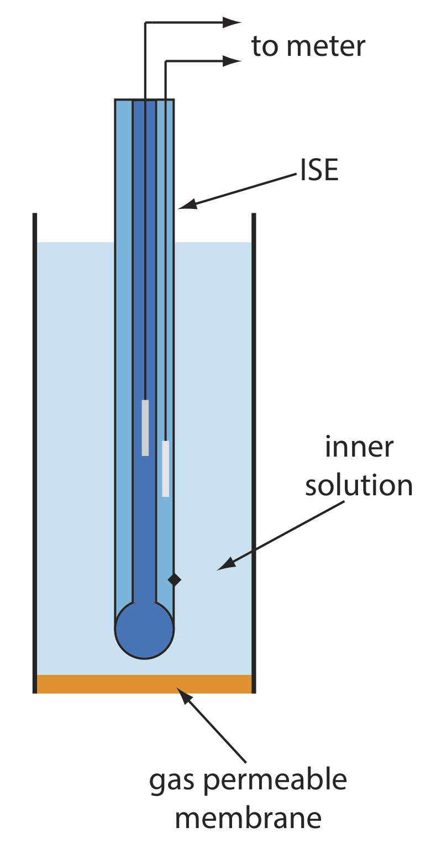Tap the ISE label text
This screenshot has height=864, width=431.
pos(318,170)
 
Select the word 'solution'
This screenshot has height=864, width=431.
pos(359,485)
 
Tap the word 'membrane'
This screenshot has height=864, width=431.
pos(248,817)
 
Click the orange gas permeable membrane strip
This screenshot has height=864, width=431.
pos(144,684)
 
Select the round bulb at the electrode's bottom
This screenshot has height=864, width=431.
pos(144,630)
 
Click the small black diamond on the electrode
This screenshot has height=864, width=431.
pos(175,579)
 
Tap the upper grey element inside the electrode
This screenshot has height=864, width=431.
pos(145,427)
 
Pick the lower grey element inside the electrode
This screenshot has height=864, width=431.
pos(166,468)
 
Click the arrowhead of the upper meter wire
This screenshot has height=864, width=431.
pos(232,22)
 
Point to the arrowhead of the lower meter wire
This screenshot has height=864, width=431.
pos(232,61)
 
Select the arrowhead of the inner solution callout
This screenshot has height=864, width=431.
pos(225,566)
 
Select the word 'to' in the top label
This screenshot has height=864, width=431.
pos(264,46)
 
